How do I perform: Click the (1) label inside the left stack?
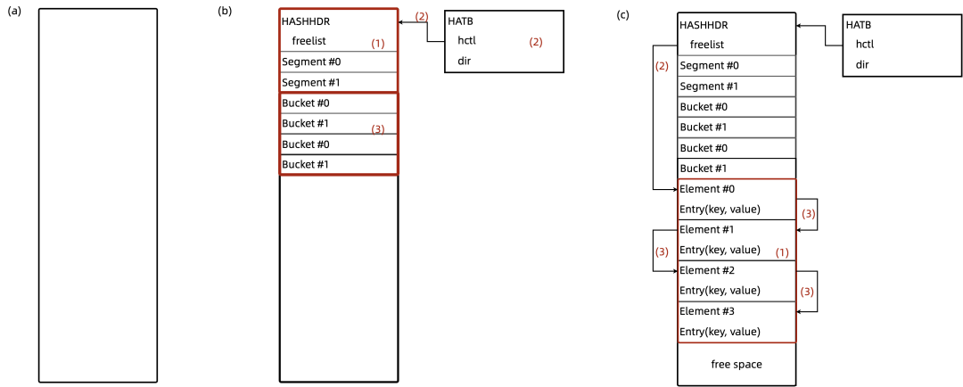pos(378,44)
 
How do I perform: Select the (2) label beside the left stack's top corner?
pos(422,17)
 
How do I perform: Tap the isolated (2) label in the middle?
pos(536,43)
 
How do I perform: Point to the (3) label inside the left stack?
pos(378,129)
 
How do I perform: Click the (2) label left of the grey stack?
pos(662,66)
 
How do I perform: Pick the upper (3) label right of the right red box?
pos(808,214)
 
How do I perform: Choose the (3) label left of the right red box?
pos(662,252)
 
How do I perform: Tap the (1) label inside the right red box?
pos(782,253)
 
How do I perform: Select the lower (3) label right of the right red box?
pos(807,292)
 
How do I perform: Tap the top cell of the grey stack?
pos(737,66)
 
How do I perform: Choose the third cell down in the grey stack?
pos(737,107)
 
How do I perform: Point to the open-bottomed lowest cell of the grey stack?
pos(737,148)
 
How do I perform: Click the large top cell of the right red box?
pos(737,219)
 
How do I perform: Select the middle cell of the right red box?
pos(737,281)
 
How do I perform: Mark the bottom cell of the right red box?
pos(737,322)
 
